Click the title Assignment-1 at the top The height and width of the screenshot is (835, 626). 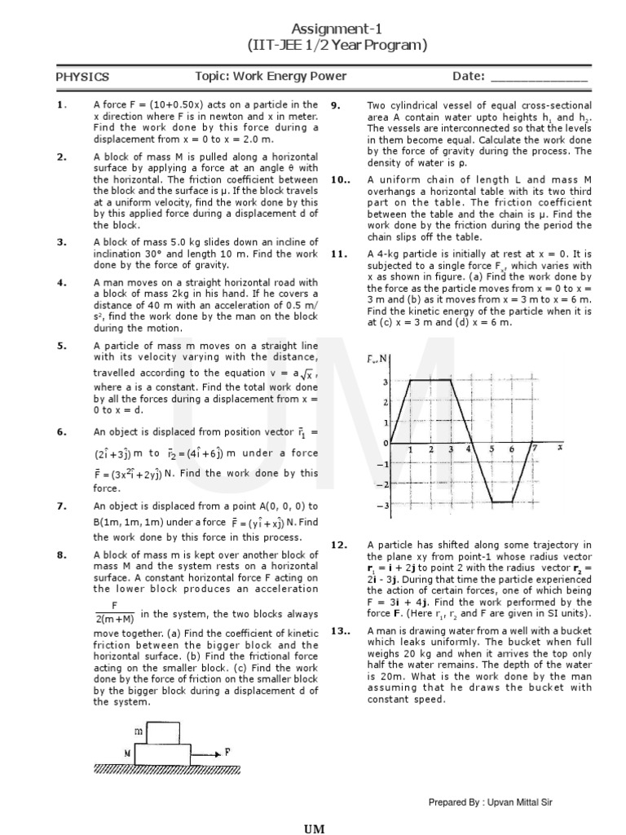click(x=314, y=27)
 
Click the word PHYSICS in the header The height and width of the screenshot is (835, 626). click(x=82, y=77)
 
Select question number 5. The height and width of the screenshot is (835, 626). click(x=61, y=345)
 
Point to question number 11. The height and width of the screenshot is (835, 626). click(x=339, y=254)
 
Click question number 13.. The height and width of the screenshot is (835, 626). click(x=341, y=631)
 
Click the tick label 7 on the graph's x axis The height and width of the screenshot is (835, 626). click(x=534, y=448)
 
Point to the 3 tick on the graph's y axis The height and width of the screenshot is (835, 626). click(x=385, y=382)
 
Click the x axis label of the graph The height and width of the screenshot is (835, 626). click(x=559, y=448)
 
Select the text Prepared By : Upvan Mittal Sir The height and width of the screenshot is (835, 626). click(x=491, y=803)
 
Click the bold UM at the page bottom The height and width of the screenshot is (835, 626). click(x=315, y=828)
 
